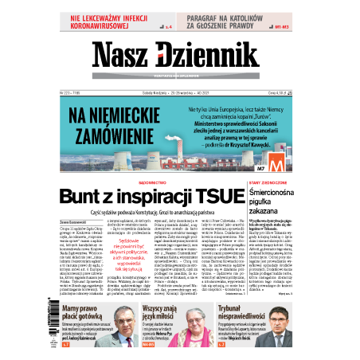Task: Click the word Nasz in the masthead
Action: pos(122,55)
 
